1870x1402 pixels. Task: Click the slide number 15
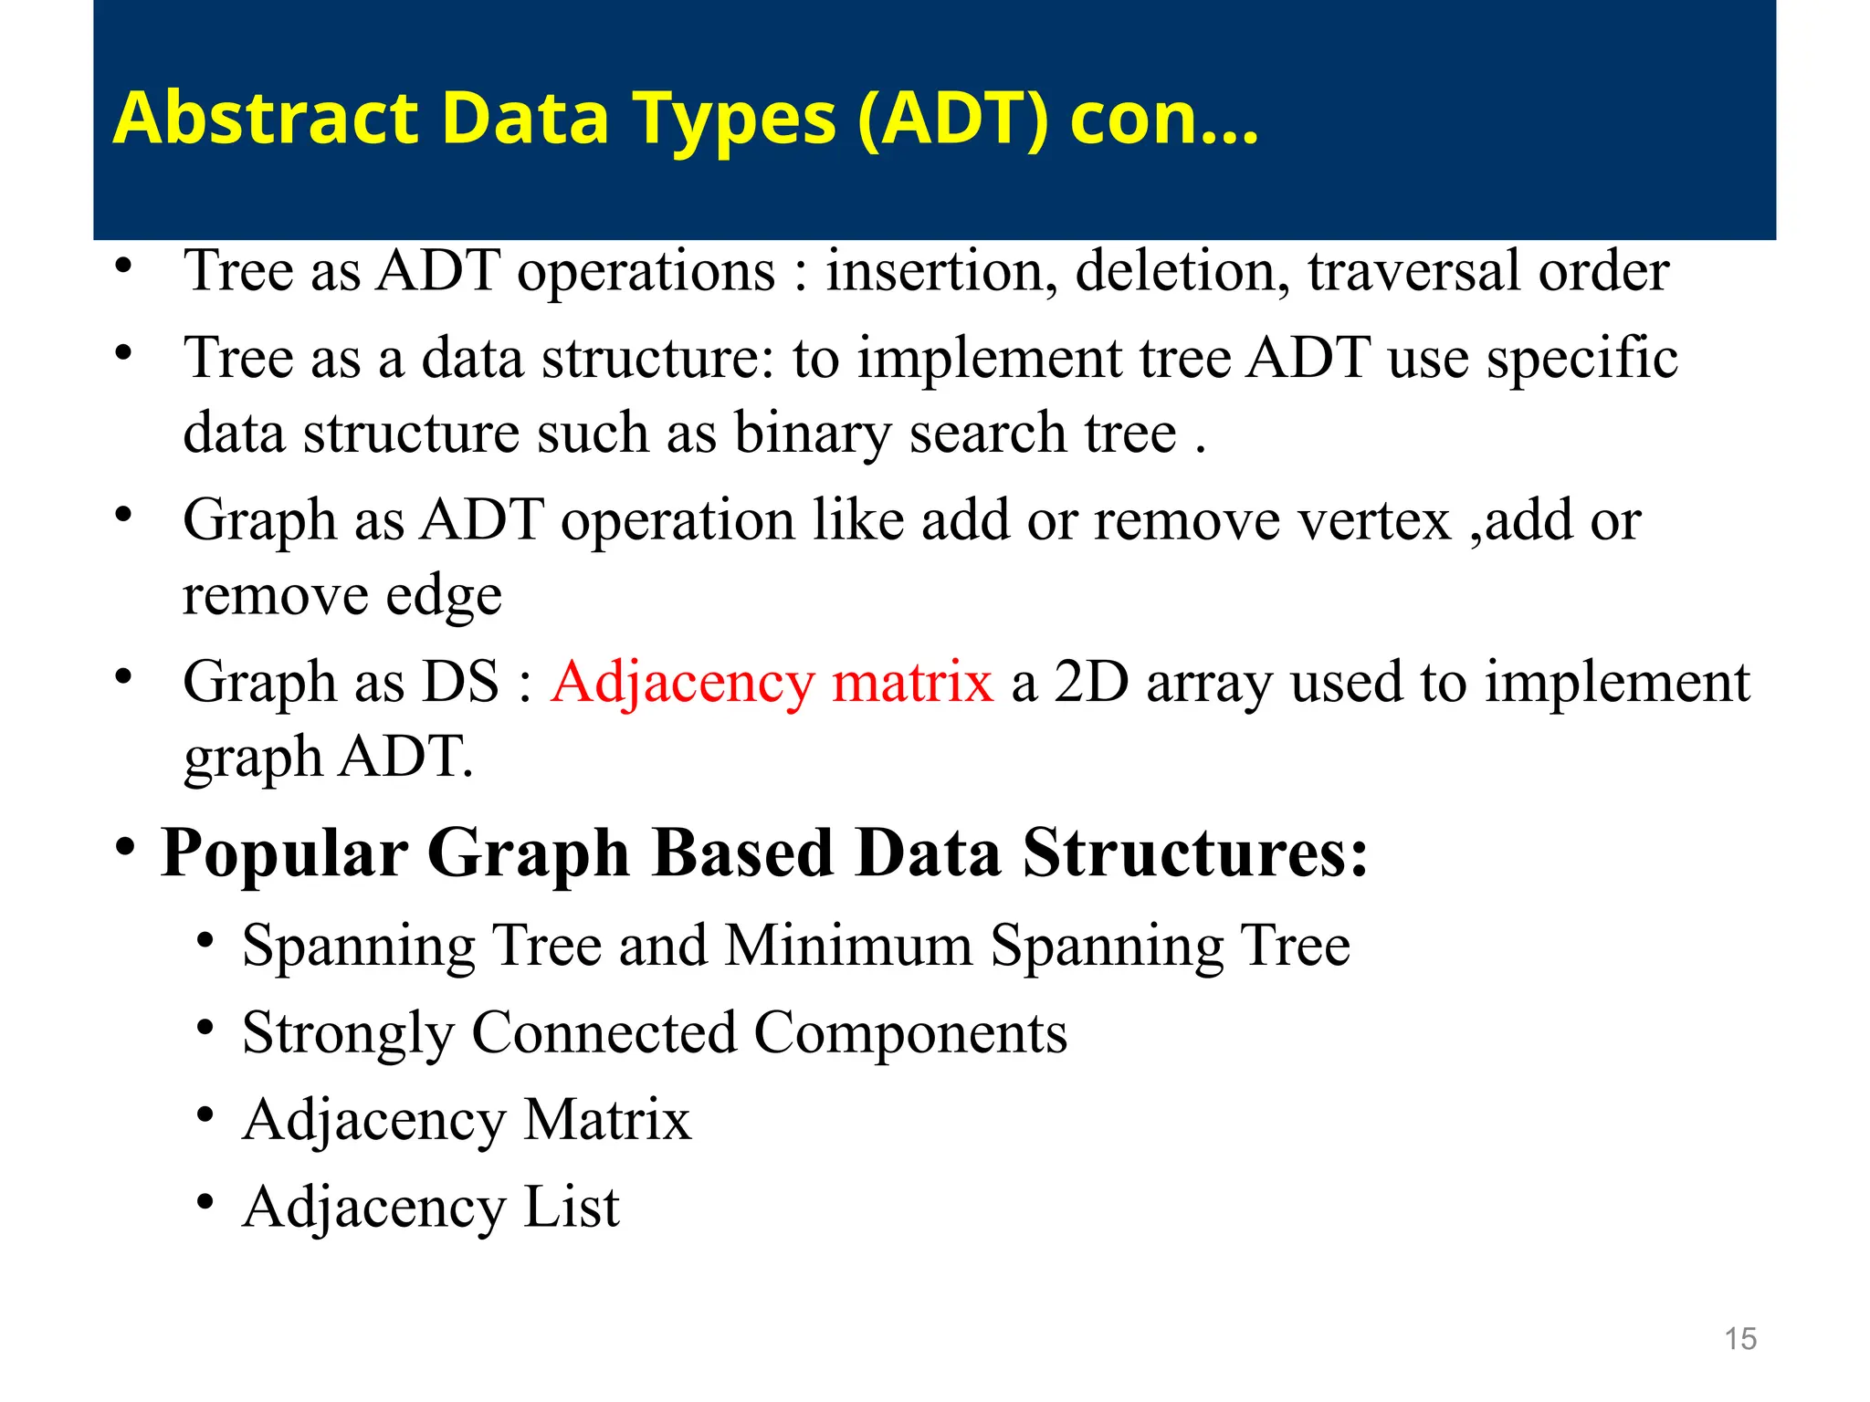pos(1740,1339)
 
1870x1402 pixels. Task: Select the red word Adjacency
pos(682,683)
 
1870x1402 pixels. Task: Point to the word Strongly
pos(348,1033)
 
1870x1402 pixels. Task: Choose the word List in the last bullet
pos(572,1207)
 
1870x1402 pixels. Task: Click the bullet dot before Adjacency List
pos(205,1202)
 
